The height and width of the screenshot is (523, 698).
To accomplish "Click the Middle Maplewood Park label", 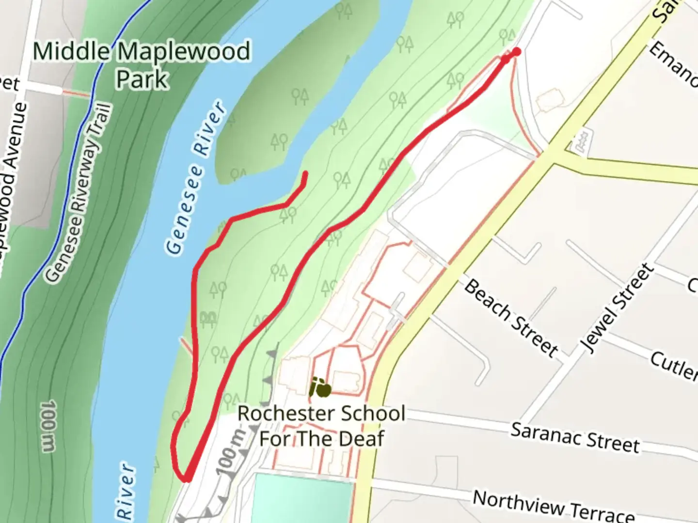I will (x=142, y=64).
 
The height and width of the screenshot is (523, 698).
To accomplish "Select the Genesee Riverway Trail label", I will (x=79, y=194).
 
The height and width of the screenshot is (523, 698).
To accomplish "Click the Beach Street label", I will (x=511, y=317).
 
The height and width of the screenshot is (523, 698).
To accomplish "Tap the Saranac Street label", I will (x=575, y=437).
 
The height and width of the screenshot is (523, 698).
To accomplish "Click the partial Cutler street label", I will (x=674, y=366).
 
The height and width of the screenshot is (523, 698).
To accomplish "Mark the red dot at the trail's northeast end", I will (x=517, y=52).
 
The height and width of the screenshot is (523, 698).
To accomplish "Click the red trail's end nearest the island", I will (x=305, y=173).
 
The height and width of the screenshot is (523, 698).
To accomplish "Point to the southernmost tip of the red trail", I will (x=186, y=479).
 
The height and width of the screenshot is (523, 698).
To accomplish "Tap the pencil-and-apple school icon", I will (x=321, y=387).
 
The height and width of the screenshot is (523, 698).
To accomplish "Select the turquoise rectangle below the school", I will (x=303, y=499).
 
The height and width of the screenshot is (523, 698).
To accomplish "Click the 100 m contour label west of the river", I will (x=48, y=426).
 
